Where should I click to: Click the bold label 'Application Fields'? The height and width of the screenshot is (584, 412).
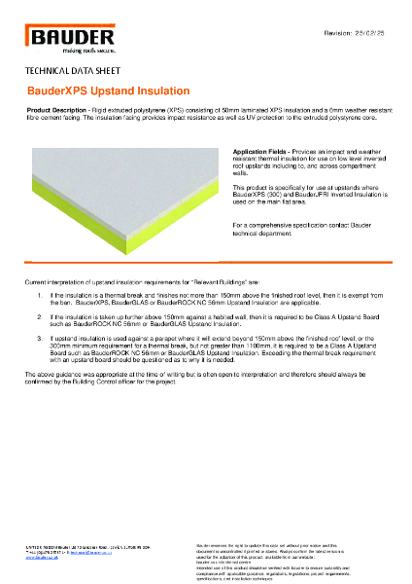click(x=260, y=153)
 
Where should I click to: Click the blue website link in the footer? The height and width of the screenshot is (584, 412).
click(x=40, y=559)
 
